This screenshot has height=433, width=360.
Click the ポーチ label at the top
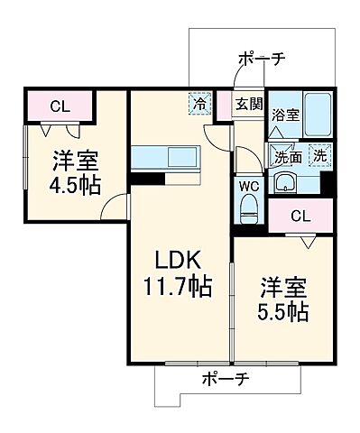pos(262,59)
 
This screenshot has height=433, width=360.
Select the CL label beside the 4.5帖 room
pos(60,106)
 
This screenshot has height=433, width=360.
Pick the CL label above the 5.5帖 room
pos(302,216)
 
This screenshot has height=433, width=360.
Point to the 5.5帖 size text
pos(284,313)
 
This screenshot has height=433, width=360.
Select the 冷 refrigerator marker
pos(199,105)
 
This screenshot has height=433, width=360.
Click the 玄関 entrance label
pos(250,105)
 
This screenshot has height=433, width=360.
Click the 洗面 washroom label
pos(289,156)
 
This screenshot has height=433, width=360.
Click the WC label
pos(250,188)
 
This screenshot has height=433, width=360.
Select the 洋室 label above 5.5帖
pos(284,289)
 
